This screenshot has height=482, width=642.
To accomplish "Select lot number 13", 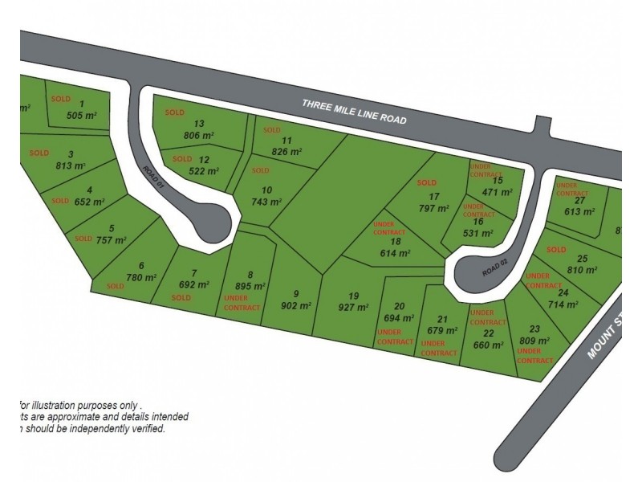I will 199,124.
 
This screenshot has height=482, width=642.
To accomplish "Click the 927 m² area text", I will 352,308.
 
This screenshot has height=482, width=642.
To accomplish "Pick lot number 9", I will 296,292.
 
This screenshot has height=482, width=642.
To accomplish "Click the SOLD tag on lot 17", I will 426,182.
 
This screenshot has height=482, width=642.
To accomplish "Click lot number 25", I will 583,258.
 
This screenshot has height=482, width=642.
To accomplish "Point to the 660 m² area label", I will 487,345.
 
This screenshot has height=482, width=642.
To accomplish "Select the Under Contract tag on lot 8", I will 242,303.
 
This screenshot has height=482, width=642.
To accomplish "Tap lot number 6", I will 141,266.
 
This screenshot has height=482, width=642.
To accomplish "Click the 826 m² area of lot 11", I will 286,151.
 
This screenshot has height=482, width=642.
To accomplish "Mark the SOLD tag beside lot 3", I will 39,153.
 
